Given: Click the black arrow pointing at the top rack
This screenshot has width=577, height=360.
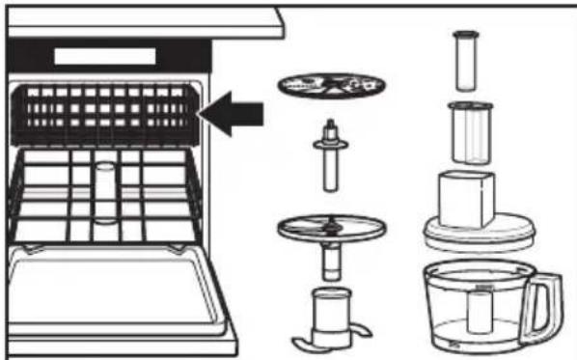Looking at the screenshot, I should (x=235, y=112).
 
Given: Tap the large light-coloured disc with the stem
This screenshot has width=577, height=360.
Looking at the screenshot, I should (x=330, y=228).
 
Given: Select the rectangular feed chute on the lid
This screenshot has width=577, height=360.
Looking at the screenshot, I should (x=468, y=198).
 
